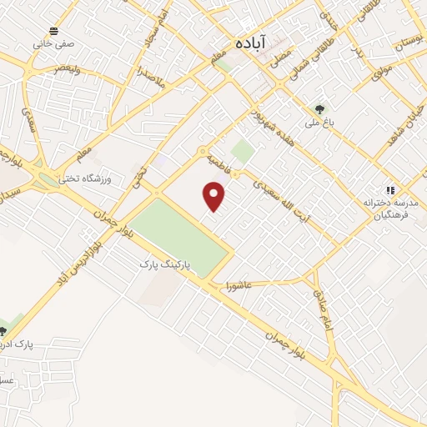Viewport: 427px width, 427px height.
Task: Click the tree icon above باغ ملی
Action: tap(319, 108)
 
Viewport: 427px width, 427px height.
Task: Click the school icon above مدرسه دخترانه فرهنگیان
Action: tap(389, 189)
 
